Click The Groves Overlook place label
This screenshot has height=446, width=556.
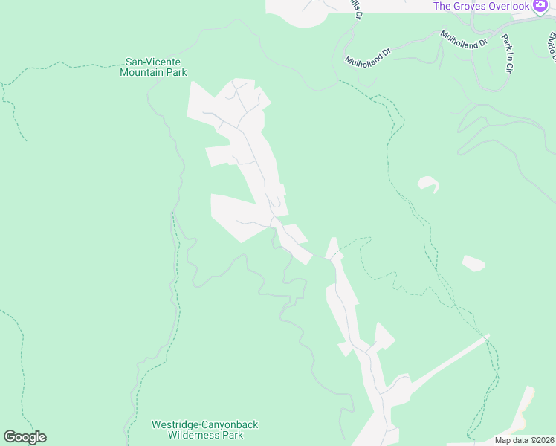pos(482,6)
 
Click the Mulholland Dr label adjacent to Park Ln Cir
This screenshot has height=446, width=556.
pos(462,38)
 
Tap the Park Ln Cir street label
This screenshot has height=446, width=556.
pos(508,53)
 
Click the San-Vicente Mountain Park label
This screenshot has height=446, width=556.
pos(154,67)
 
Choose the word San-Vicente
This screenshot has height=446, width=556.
pos(153,62)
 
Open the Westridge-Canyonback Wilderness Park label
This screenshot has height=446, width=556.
pos(204,430)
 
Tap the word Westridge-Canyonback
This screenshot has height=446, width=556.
pos(204,424)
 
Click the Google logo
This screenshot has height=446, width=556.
pos(25,437)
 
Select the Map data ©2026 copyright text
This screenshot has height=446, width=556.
pos(525,440)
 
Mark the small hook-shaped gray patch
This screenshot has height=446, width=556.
pos(427,184)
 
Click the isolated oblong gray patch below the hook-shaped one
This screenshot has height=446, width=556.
pos(473,263)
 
